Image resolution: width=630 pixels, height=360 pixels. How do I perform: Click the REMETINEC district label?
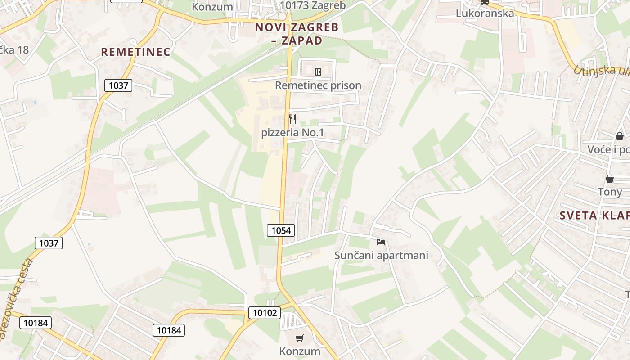point(135,52)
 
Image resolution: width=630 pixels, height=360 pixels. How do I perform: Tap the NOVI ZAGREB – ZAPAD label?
point(297,34)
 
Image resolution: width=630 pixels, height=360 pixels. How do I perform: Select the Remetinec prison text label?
point(318,85)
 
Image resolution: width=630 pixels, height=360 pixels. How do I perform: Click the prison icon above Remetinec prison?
point(318,72)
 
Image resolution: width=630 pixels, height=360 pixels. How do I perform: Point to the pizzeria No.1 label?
point(292,133)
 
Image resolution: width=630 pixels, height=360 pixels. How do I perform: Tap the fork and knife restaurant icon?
point(292,119)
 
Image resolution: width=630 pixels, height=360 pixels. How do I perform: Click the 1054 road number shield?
point(281,230)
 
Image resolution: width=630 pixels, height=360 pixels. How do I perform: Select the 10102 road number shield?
point(264,312)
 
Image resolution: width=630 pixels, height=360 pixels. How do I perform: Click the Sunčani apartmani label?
point(381,256)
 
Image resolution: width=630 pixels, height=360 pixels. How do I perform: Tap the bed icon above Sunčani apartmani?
point(381,242)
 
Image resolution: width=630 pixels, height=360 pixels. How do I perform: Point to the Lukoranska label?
point(485,13)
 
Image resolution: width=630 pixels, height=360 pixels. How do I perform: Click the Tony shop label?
point(610,192)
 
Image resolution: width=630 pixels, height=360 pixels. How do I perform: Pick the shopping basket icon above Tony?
point(610,179)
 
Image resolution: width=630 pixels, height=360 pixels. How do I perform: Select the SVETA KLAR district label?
point(594,216)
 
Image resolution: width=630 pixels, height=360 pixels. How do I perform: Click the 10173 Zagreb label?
point(312,5)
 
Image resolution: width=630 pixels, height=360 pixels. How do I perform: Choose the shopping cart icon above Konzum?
point(300,338)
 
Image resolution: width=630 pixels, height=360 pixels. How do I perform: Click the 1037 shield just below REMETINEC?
point(118,85)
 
